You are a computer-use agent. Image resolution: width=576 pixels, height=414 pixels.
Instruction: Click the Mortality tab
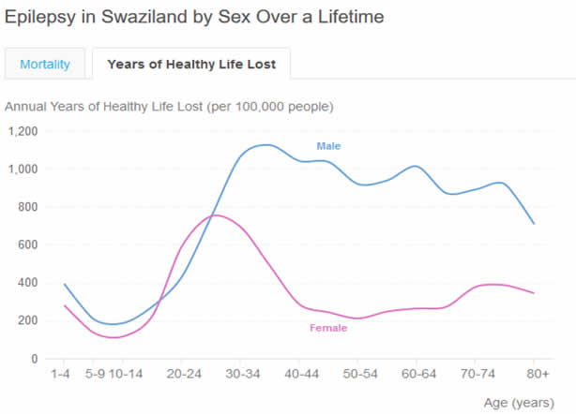coord(44,64)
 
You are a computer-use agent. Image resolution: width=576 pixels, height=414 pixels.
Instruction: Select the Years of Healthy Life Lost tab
coord(191,64)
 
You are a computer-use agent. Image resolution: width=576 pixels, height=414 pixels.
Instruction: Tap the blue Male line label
coord(328,146)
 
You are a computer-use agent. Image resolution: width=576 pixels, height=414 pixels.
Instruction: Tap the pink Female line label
coord(328,328)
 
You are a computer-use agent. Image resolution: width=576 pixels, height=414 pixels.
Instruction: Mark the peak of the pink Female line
coord(215,215)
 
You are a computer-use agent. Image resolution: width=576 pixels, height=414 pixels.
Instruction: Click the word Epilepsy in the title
coord(40,17)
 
